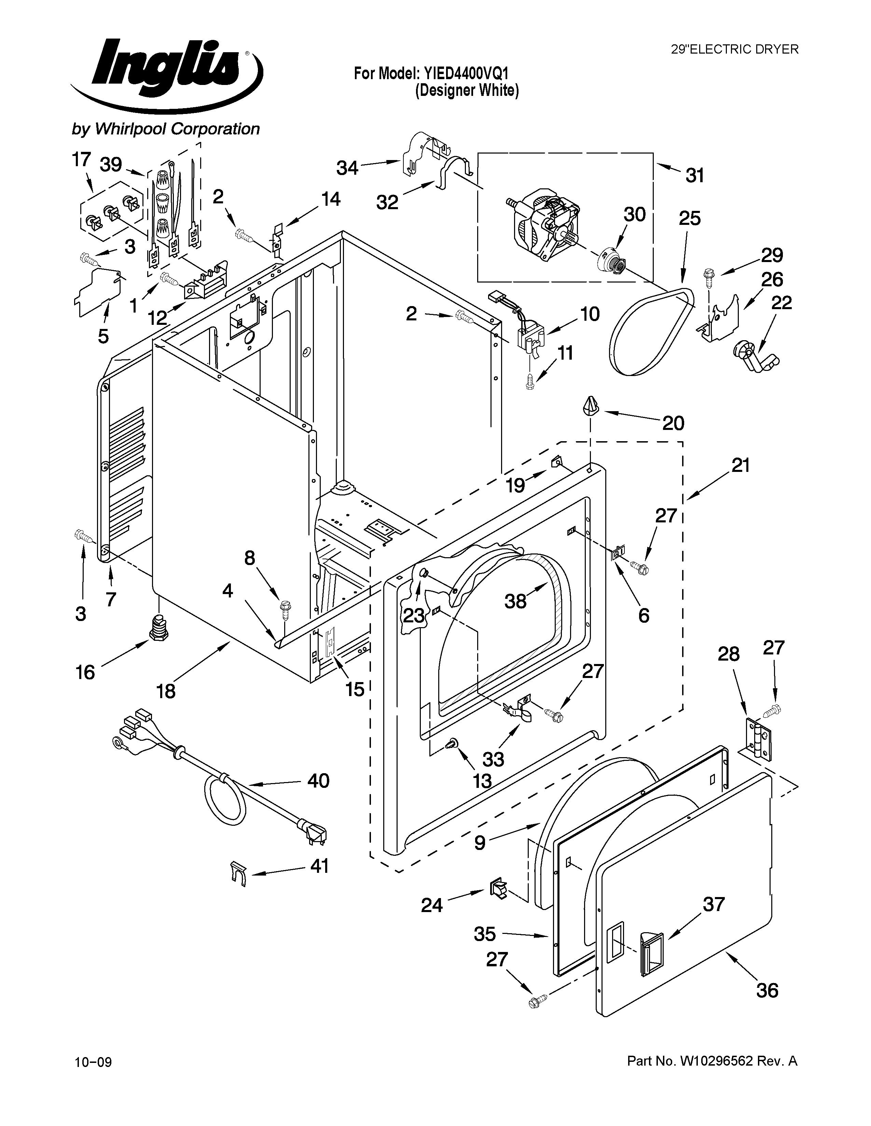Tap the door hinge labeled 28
pyautogui.click(x=756, y=739)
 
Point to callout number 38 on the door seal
pyautogui.click(x=515, y=600)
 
